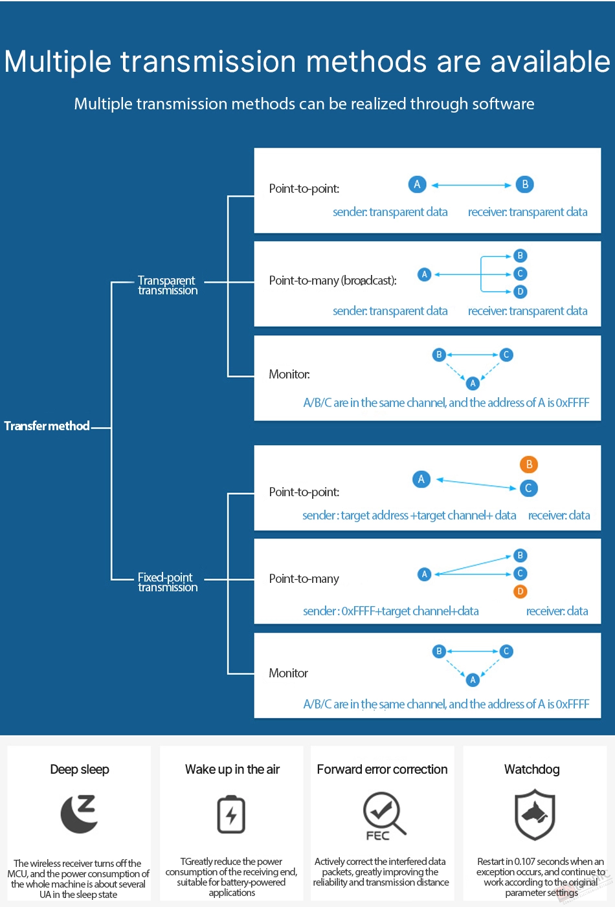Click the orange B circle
pos(529,464)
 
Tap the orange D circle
pos(520,591)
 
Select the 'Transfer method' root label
pos(47,426)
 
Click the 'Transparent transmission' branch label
pos(168,285)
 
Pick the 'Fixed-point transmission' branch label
pos(168,582)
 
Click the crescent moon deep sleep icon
pos(80,814)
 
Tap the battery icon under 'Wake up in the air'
pos(231,814)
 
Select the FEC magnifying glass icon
pos(384,816)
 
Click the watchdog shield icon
pos(534,814)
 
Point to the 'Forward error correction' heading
pos(382,769)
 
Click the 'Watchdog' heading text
pos(532,769)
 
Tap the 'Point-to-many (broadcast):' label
pos(333,280)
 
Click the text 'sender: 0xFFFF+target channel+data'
pos(391,611)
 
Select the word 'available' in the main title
pos(550,61)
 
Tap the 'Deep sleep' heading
pos(80,769)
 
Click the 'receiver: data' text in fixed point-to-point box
pos(559,516)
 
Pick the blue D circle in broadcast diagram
pos(520,292)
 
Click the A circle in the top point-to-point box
pos(418,184)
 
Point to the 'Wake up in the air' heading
pos(232,769)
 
